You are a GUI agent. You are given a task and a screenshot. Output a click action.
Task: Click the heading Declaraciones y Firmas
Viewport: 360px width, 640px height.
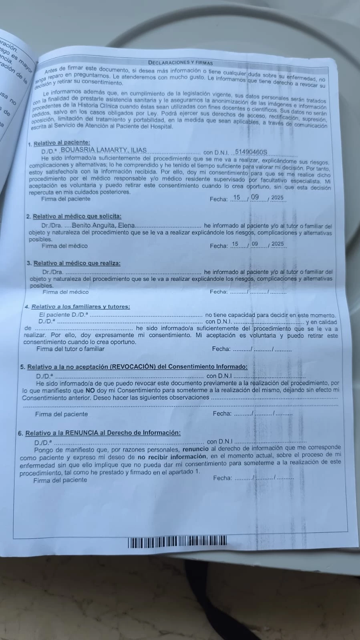click(180, 62)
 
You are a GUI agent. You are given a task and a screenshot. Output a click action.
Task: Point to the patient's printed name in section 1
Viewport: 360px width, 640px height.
click(103, 150)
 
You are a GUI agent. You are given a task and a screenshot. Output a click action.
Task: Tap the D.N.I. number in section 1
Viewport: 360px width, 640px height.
click(251, 152)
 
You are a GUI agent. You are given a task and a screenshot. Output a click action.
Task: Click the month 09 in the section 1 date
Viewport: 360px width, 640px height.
click(255, 197)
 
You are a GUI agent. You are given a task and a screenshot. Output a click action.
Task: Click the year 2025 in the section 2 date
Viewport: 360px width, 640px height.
click(278, 244)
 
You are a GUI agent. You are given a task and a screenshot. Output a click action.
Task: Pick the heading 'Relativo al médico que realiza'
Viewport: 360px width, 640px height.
click(77, 263)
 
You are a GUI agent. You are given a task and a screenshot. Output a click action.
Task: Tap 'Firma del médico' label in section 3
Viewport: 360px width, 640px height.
click(66, 292)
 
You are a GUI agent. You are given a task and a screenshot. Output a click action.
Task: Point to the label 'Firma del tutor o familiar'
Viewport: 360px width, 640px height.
click(70, 349)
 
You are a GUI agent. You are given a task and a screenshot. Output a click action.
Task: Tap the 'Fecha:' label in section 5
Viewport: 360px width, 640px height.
click(222, 413)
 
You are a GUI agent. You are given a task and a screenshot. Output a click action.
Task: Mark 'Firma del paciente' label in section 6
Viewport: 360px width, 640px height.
click(60, 480)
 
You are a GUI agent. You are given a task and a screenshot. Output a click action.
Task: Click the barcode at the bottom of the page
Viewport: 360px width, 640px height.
click(177, 542)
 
